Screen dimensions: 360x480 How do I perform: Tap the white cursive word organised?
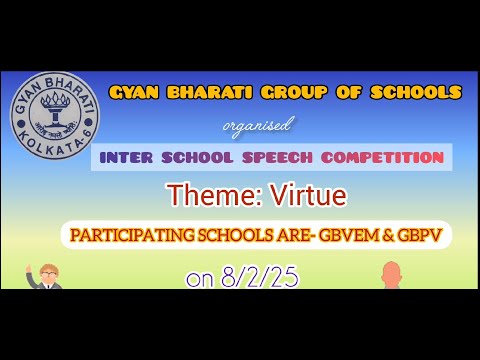(257, 125)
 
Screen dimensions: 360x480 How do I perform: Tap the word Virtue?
(291, 195)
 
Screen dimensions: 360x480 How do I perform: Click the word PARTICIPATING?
(134, 237)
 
